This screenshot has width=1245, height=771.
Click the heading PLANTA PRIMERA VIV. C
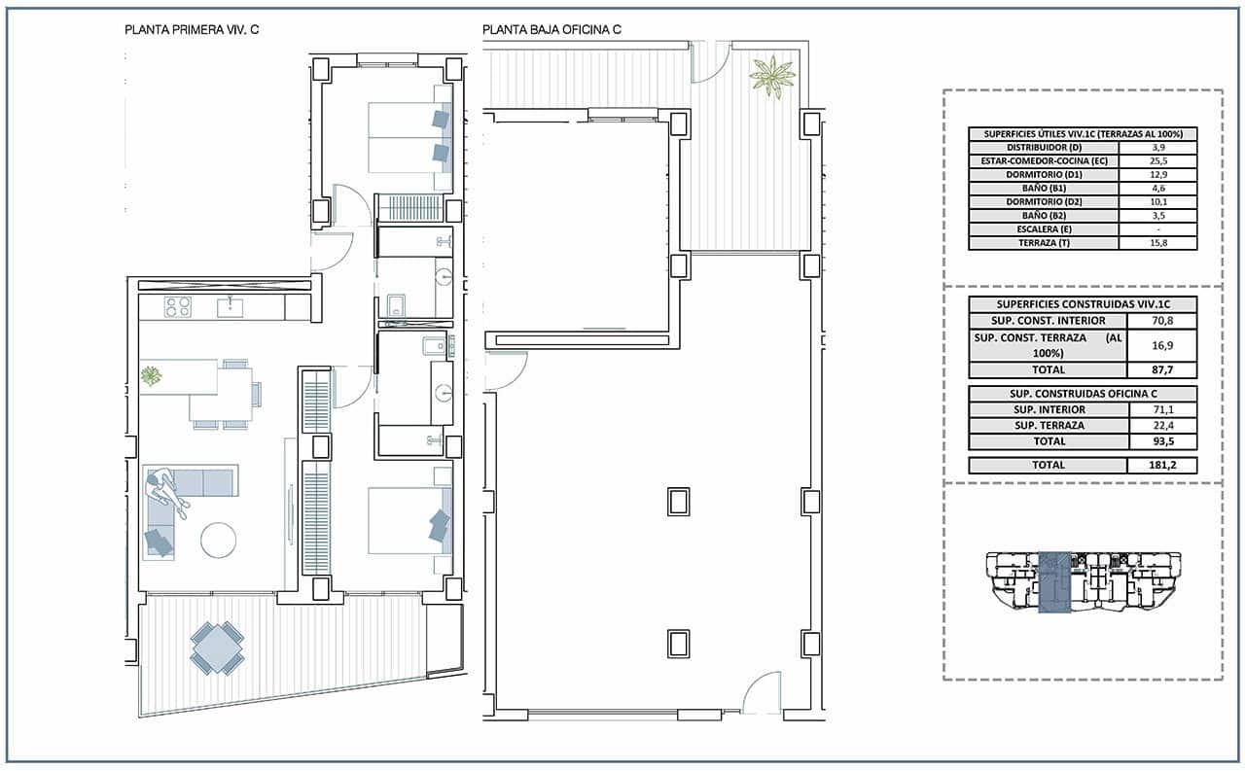(192, 30)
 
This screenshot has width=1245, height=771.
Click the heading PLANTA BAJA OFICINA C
(551, 30)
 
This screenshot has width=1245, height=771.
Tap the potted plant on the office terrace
(772, 76)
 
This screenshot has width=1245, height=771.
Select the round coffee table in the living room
(218, 540)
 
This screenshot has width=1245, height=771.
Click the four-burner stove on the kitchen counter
(177, 307)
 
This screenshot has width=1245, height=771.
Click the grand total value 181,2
(1161, 466)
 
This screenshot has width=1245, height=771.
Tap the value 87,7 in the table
(1161, 369)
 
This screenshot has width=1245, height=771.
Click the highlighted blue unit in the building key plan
(1054, 583)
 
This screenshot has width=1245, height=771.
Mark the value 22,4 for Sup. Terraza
(1161, 425)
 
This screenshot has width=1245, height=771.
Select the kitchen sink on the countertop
(231, 307)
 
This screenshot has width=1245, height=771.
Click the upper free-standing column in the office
(678, 502)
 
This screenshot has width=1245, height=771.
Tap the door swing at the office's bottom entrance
(762, 694)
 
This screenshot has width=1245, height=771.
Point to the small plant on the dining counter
(152, 374)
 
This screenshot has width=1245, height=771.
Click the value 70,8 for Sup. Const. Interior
(1161, 320)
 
